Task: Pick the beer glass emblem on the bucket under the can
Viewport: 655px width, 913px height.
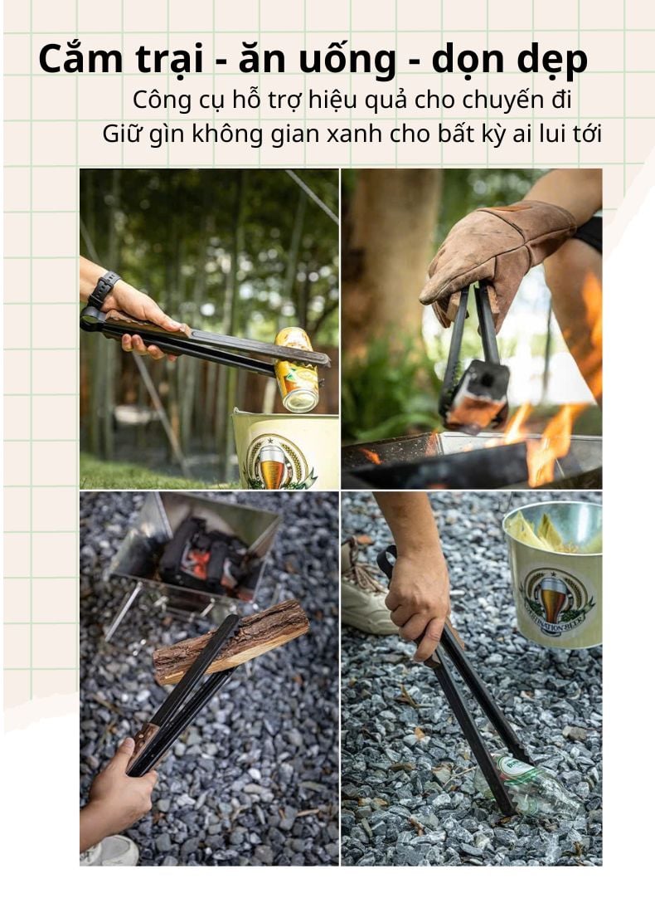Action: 273,461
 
